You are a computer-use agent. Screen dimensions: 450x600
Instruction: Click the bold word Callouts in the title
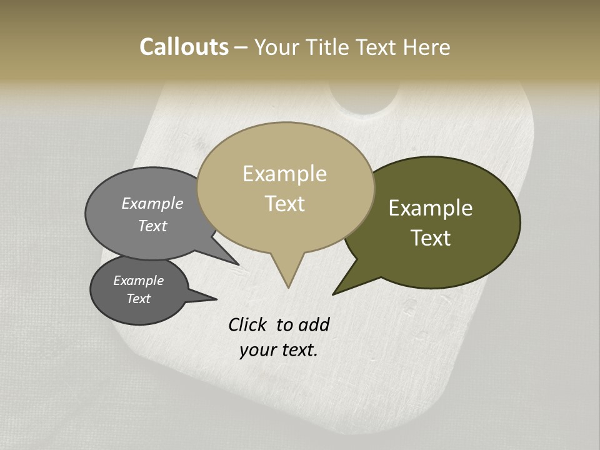click(184, 47)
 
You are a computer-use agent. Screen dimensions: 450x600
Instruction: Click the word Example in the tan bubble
click(284, 174)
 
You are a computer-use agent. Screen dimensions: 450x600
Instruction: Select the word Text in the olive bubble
click(431, 237)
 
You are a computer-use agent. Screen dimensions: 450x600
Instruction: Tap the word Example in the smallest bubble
click(138, 281)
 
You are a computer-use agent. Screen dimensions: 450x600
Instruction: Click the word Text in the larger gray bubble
click(152, 226)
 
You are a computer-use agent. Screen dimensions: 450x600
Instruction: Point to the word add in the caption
click(313, 324)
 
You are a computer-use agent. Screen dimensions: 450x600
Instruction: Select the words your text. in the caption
click(278, 350)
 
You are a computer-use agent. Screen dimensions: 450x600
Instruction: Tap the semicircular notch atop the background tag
click(364, 100)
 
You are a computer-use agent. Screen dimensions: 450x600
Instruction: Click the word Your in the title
click(278, 47)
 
